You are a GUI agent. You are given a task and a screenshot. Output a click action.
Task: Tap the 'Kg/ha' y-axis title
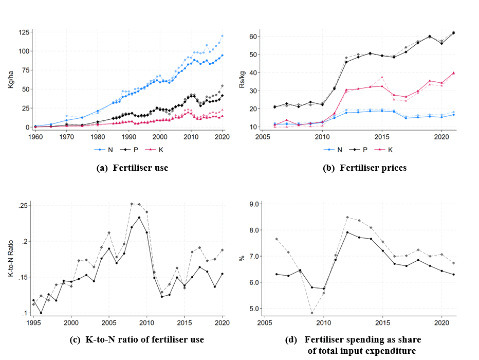tap(11, 80)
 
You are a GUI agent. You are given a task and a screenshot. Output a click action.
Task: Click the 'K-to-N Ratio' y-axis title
tap(11, 260)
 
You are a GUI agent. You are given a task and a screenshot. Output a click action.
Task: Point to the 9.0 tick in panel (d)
tap(253, 204)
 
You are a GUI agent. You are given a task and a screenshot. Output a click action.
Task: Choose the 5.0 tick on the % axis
tap(253, 309)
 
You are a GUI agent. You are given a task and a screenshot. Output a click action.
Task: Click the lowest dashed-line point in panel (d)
tap(311, 313)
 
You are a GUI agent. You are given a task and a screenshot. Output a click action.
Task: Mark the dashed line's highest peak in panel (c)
tap(132, 204)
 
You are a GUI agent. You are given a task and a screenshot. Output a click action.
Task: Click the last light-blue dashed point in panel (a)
tap(222, 36)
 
